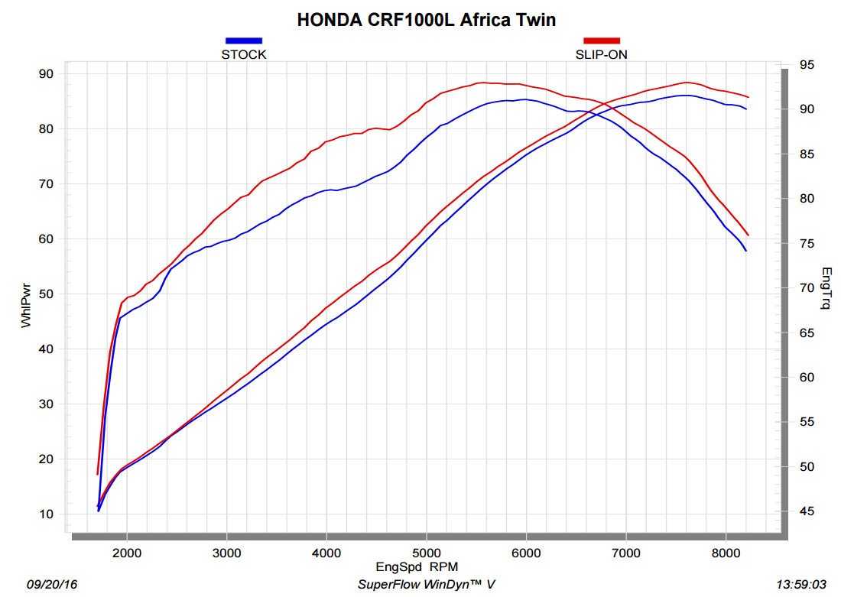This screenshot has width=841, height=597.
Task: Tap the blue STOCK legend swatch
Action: (x=244, y=41)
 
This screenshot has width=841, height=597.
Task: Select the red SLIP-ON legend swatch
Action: (x=602, y=41)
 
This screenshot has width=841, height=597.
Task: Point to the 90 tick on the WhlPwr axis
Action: (x=45, y=74)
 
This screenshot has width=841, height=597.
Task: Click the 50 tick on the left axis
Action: (x=45, y=294)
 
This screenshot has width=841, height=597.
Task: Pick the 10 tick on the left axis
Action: (x=45, y=514)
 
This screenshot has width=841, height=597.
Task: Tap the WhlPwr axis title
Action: (x=25, y=303)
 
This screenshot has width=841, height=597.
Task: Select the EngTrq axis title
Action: (x=825, y=288)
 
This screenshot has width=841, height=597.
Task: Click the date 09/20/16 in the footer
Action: (x=52, y=585)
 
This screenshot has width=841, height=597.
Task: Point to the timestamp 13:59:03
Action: (x=801, y=585)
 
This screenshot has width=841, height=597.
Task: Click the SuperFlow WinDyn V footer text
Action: (x=427, y=585)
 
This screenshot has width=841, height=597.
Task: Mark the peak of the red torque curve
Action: (x=483, y=83)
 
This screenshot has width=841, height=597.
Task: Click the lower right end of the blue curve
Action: (x=746, y=251)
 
